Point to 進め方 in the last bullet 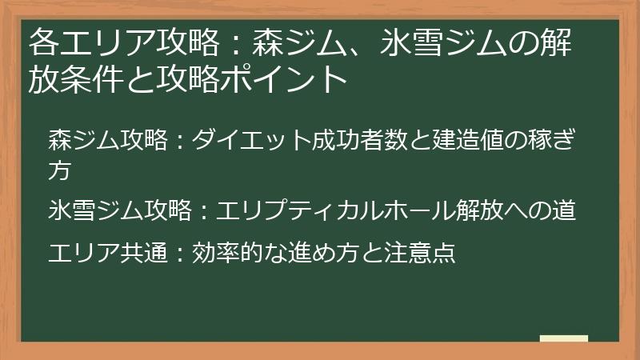click(x=319, y=253)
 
